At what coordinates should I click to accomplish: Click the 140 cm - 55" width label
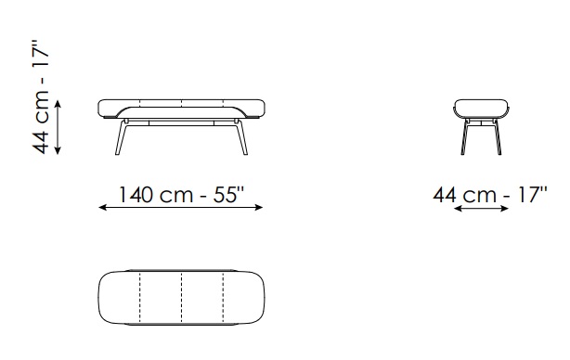point(181,195)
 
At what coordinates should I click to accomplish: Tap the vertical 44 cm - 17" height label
point(41,96)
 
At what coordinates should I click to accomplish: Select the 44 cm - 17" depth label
point(490,195)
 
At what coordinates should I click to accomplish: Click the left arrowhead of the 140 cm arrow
point(102,208)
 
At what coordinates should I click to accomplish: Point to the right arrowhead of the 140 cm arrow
point(259,208)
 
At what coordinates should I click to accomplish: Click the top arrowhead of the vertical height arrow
point(58,104)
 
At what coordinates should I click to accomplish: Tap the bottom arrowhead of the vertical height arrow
point(58,150)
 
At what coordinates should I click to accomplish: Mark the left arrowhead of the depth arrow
point(458,209)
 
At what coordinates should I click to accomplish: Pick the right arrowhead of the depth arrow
point(505,209)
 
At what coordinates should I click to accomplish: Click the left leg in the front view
point(121,137)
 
